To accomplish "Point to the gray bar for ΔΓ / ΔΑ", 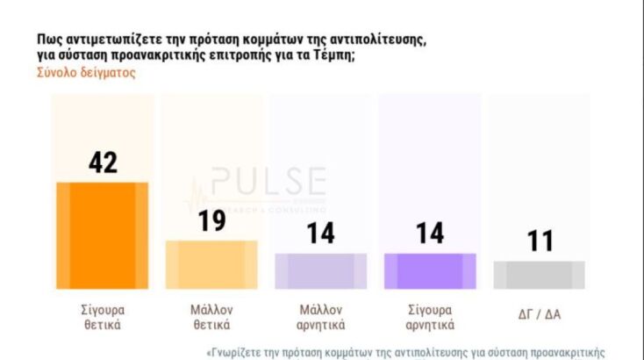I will coord(539,275).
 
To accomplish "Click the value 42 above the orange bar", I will coord(103,162).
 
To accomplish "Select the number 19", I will coord(211,220).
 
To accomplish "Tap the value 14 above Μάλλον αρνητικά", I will coord(320,234).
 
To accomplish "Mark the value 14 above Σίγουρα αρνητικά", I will coord(430,234).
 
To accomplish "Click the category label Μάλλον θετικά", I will coord(211,317).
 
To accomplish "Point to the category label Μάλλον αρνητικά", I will coord(320,317).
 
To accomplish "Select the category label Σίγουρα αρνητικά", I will coord(430,317).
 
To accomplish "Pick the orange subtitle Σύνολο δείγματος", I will coord(85,73).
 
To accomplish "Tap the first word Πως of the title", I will coord(48,40).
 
